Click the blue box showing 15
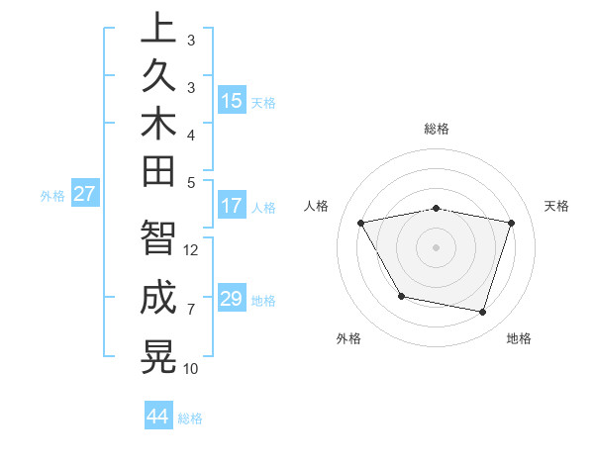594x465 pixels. [232, 101]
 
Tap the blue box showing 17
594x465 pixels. [232, 207]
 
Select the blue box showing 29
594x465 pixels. [232, 299]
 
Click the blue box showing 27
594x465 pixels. [85, 194]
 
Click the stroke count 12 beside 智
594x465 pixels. [191, 249]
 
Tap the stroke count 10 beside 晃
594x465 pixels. [191, 369]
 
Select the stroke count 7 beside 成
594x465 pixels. [191, 310]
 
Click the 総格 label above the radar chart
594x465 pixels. [437, 129]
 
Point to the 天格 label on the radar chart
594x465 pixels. [556, 206]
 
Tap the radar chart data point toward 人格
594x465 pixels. [361, 223]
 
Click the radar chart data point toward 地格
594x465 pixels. [482, 313]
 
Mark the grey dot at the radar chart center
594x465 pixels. [437, 246]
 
